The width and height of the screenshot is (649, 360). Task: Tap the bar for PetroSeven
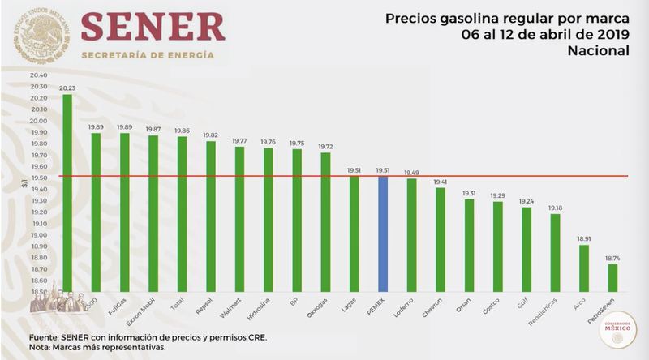612,278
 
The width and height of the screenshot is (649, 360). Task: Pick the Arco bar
584,268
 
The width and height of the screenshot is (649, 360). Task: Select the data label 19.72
325,147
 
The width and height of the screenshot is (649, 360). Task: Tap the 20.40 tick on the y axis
38,75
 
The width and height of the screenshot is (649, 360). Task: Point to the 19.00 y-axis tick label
38,235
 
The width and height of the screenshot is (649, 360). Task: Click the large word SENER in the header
153,27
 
